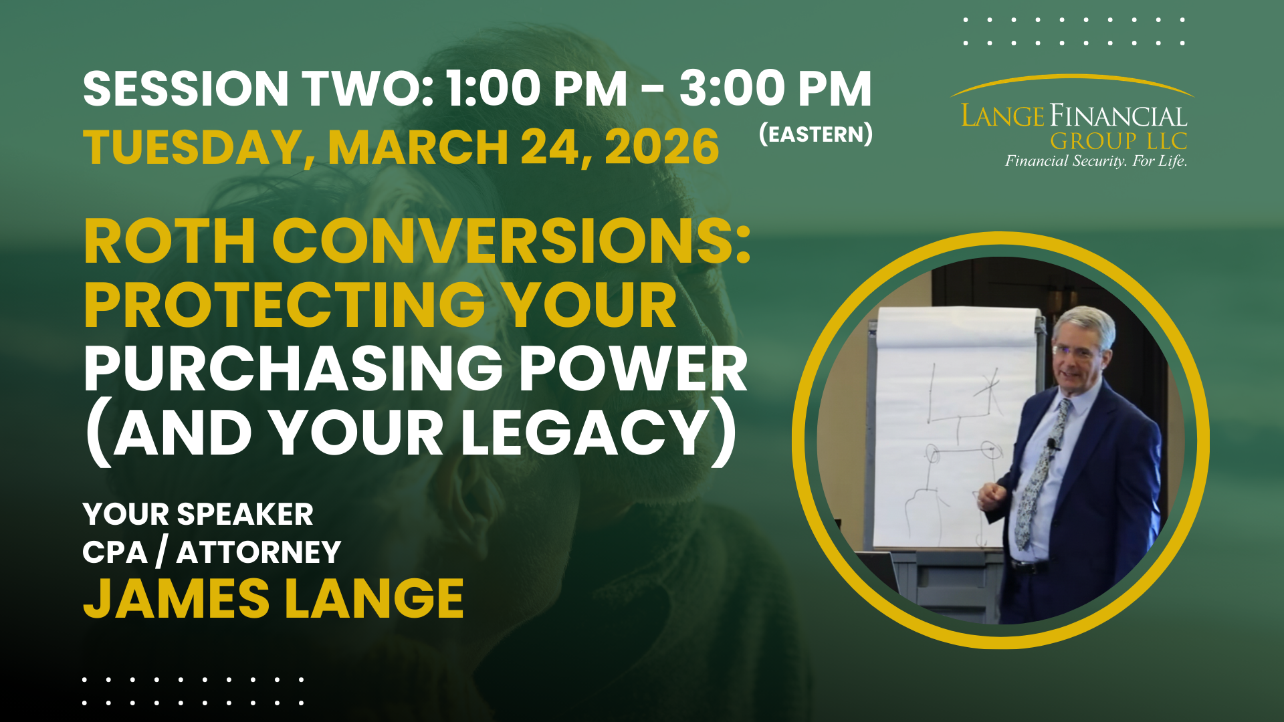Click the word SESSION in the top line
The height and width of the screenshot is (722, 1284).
186,89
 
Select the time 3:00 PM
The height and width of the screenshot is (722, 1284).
776,89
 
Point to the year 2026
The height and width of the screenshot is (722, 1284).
662,147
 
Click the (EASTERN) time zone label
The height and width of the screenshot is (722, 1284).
816,134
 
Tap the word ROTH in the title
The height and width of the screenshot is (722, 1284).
170,241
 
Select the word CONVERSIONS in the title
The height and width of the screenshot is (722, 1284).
511,241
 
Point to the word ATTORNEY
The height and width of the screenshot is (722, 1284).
259,553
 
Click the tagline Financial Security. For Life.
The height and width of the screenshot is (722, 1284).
1096,161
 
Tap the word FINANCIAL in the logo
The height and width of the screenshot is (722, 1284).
1119,116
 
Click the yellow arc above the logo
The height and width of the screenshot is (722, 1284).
1072,77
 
